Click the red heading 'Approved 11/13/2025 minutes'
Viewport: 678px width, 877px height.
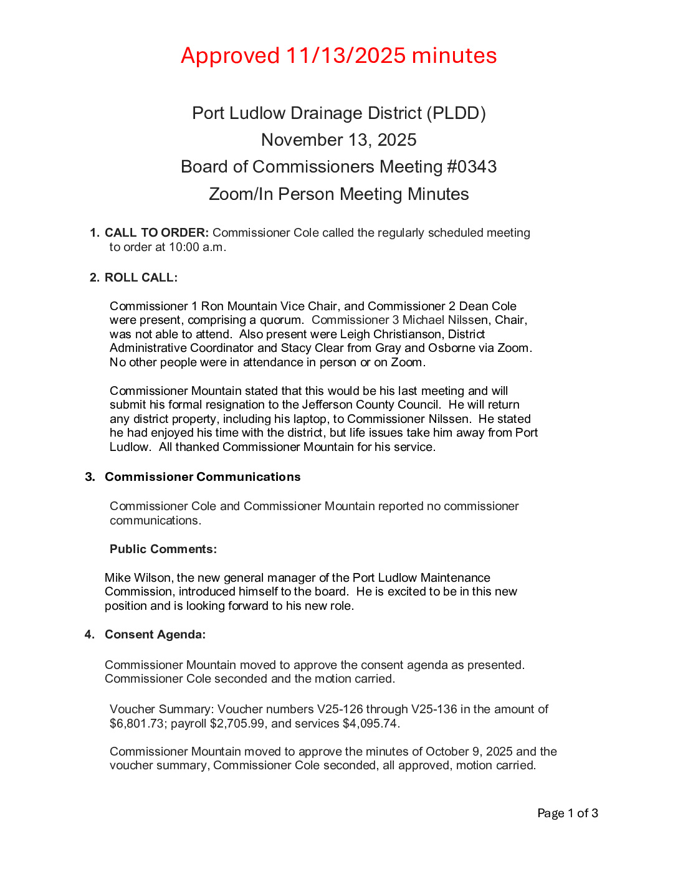[x=338, y=56]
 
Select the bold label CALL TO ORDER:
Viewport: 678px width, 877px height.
[x=156, y=233]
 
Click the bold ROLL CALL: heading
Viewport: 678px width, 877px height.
[x=141, y=278]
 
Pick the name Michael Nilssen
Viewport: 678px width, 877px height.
[x=445, y=320]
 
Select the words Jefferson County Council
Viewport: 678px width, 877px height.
[x=371, y=405]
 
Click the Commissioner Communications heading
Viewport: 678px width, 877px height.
[x=203, y=477]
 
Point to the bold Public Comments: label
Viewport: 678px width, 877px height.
[x=163, y=549]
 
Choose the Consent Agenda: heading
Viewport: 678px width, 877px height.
[x=155, y=635]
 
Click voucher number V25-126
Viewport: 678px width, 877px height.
[x=340, y=709]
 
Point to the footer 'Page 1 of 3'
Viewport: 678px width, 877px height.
[x=567, y=813]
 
